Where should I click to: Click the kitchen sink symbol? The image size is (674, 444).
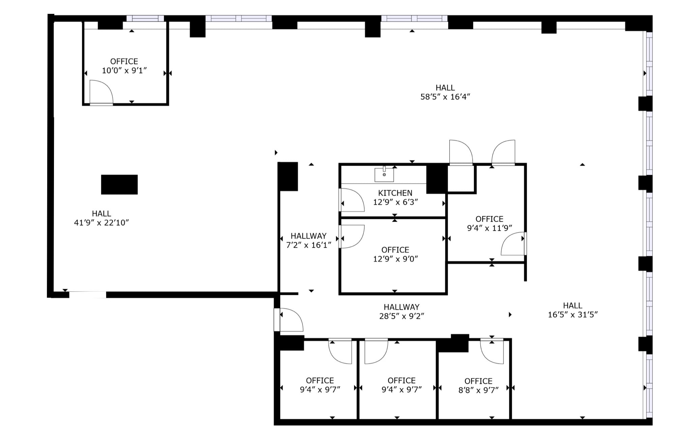384,174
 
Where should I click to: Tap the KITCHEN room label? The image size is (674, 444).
395,193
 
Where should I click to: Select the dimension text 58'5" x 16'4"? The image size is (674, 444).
445,97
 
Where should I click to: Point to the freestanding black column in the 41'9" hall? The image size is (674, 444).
119,185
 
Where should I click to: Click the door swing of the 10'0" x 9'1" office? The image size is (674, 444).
101,92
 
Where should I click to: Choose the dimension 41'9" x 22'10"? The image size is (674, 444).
101,223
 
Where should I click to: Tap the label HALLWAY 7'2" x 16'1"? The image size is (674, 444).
309,240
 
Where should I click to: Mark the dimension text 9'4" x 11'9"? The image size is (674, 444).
489,228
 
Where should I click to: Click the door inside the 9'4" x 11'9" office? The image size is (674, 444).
513,244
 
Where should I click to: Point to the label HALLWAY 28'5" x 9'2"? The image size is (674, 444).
401,311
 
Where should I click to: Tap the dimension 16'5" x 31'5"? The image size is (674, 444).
573,314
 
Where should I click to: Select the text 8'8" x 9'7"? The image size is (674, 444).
478,390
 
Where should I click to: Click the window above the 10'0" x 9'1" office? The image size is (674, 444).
145,18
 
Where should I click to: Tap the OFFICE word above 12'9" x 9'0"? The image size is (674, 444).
395,250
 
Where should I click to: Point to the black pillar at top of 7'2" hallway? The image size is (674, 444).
288,176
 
